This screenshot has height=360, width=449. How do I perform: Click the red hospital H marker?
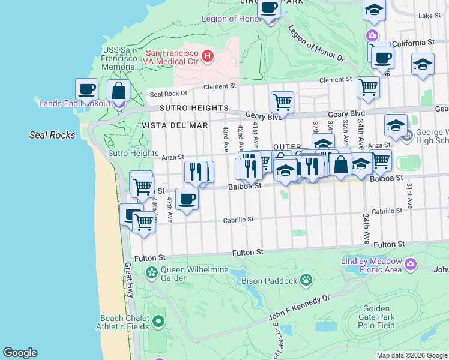208,56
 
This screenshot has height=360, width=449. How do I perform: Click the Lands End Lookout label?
74,103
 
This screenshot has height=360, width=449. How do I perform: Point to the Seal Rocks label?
53,135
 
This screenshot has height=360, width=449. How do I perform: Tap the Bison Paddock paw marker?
306,280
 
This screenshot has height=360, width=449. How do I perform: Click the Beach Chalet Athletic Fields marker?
158,322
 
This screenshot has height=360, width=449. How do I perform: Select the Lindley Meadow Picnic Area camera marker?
411,263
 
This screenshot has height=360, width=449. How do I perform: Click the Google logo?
20,353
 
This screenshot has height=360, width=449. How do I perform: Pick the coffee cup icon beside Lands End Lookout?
86,89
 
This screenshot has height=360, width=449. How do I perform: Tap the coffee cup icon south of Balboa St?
187,198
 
